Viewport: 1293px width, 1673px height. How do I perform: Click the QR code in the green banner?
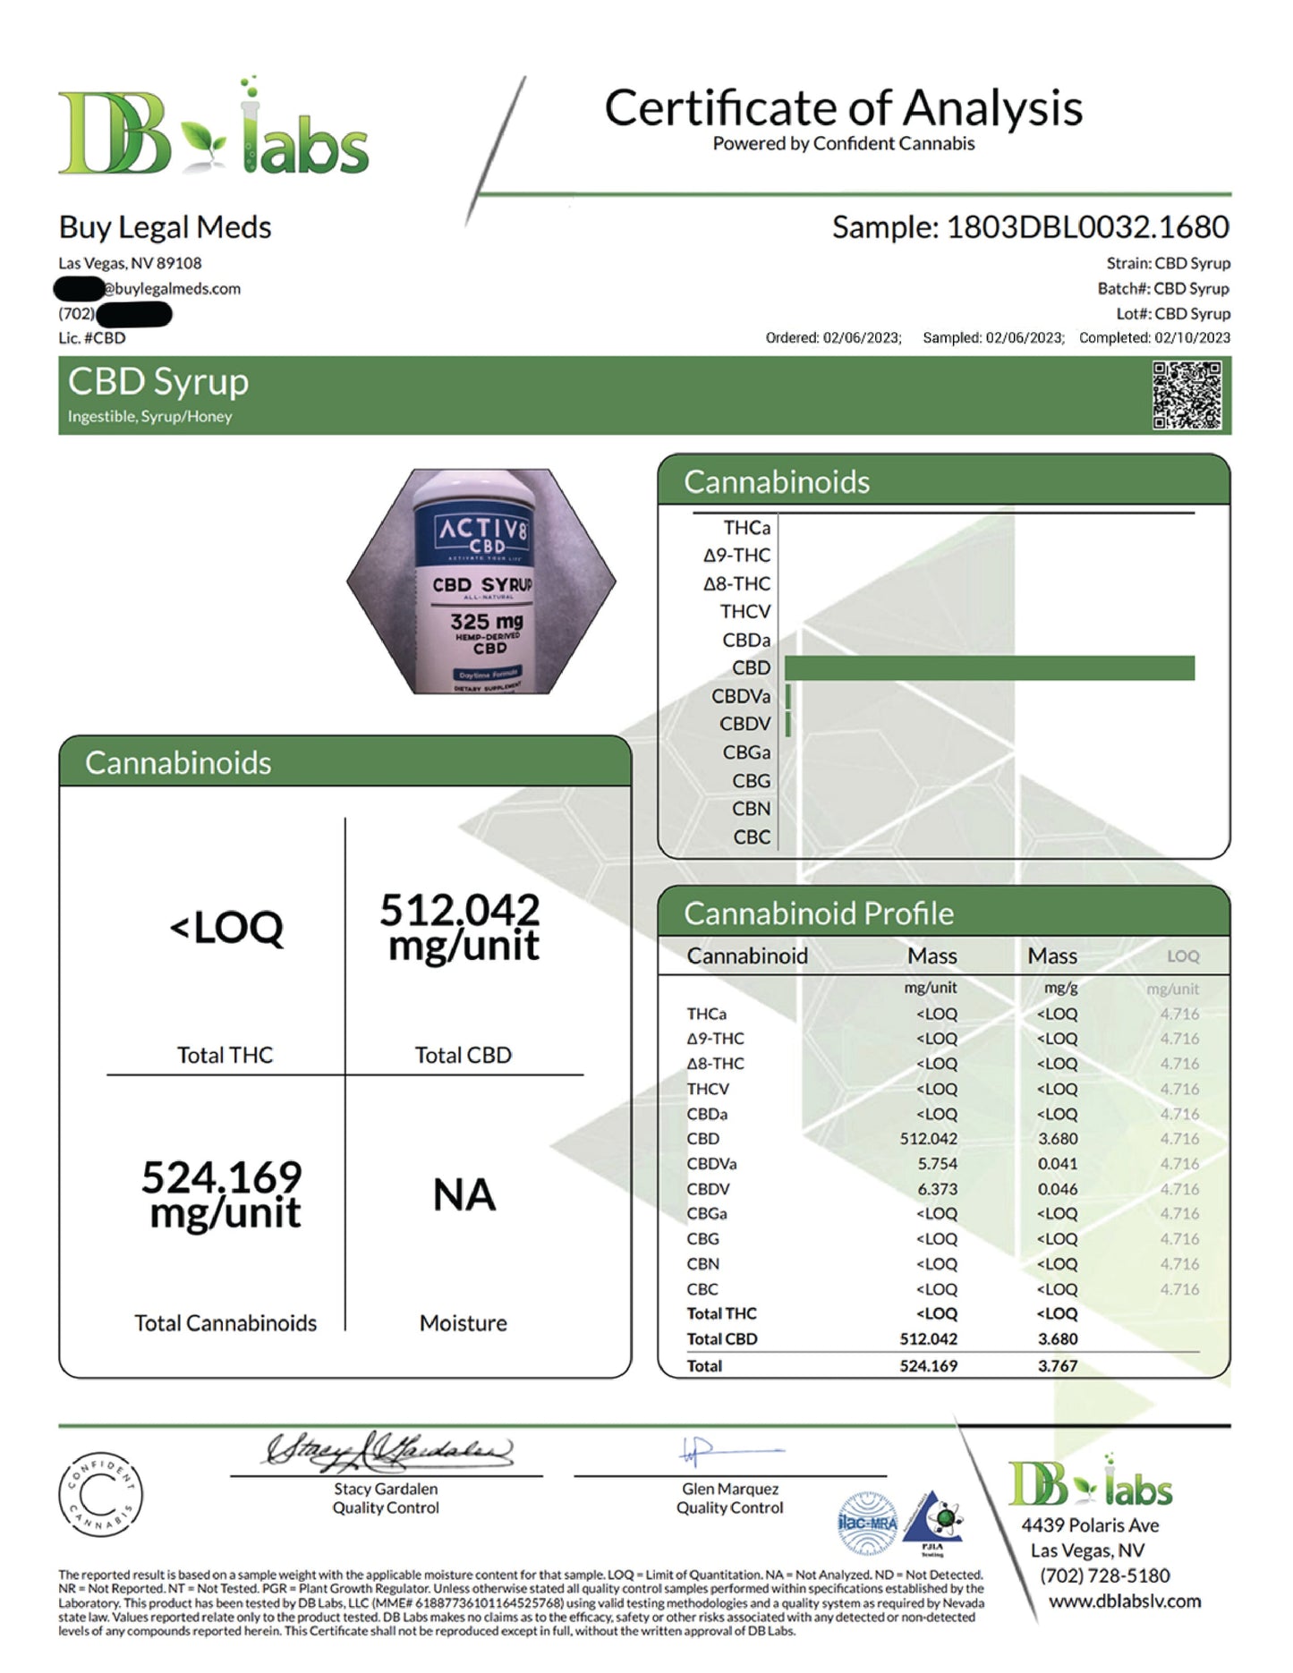[1187, 395]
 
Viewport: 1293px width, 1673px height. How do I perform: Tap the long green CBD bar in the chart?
[989, 668]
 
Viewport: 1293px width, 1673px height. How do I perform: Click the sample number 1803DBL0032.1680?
[1087, 227]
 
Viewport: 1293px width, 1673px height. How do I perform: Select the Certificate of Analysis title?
[843, 108]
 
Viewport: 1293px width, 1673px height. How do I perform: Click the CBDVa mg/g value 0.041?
[1058, 1164]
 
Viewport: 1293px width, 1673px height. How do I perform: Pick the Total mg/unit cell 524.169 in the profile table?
[928, 1366]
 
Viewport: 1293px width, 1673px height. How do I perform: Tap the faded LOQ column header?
[1182, 956]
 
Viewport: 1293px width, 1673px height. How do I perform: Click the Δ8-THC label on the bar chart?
[736, 584]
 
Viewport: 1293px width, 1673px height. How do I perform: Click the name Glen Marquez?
[730, 1489]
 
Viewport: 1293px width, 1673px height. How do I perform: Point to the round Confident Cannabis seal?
[100, 1493]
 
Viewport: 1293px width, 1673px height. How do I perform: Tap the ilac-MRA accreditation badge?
[866, 1523]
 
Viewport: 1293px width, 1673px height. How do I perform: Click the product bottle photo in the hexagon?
[481, 582]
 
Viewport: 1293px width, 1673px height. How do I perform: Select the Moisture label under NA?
[463, 1323]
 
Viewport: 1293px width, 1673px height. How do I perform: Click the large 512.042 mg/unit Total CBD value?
[460, 928]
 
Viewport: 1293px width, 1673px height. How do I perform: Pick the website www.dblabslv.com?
[1124, 1601]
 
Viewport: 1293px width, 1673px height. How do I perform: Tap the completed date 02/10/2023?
[1192, 338]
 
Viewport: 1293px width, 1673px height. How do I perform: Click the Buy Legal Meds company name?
[165, 227]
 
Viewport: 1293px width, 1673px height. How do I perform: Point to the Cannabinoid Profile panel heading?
[818, 913]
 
